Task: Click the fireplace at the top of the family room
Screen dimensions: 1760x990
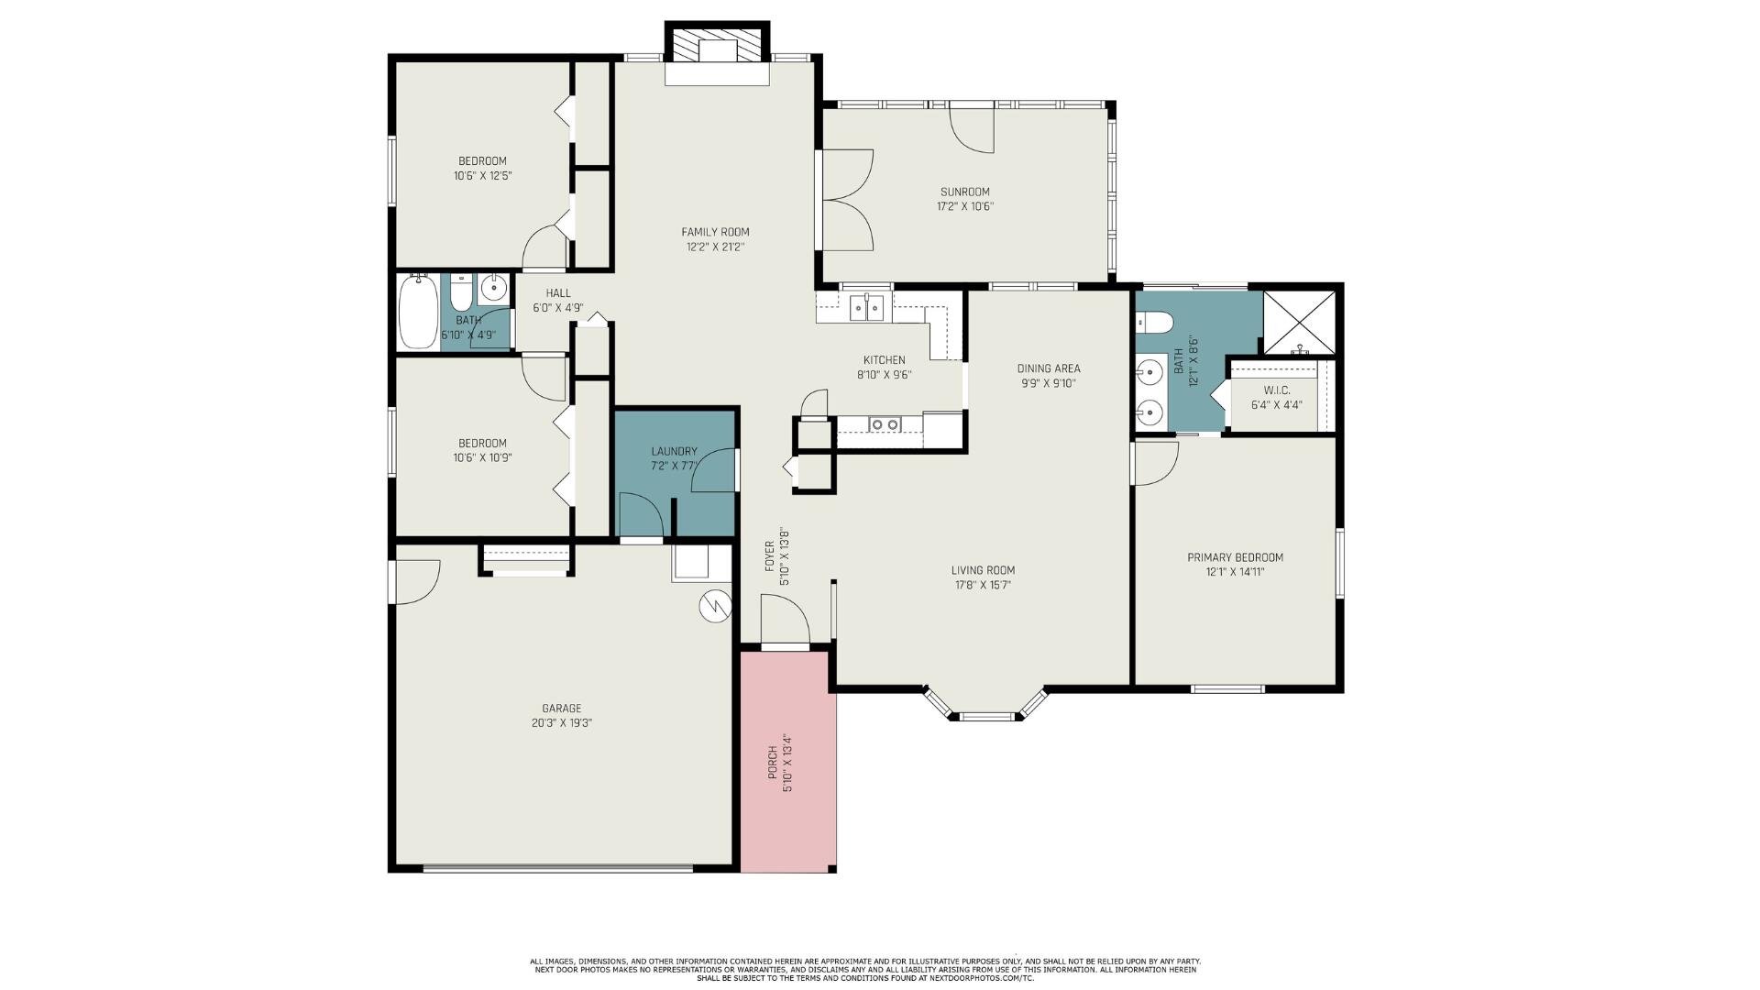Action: point(716,53)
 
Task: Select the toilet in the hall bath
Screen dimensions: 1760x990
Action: point(460,291)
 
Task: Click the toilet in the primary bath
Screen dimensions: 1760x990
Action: point(1154,323)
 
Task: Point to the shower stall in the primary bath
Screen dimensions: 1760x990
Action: point(1299,322)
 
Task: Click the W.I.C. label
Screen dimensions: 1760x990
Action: point(1276,390)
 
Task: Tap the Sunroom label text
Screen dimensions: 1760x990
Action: point(964,192)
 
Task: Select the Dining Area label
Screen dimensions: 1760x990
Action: point(1049,368)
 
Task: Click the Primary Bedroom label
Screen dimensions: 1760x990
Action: point(1235,557)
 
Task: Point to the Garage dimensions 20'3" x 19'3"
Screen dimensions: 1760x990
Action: point(561,723)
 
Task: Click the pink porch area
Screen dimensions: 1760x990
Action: point(788,761)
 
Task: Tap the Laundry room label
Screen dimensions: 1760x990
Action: point(674,451)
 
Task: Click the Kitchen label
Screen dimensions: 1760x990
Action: point(884,359)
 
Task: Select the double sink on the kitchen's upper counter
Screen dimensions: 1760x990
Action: point(866,307)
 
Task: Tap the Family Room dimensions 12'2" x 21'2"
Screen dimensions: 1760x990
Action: point(715,247)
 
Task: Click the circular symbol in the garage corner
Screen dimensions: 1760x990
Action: point(713,606)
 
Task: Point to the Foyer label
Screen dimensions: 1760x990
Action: point(769,556)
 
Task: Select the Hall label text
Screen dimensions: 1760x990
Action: point(558,293)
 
